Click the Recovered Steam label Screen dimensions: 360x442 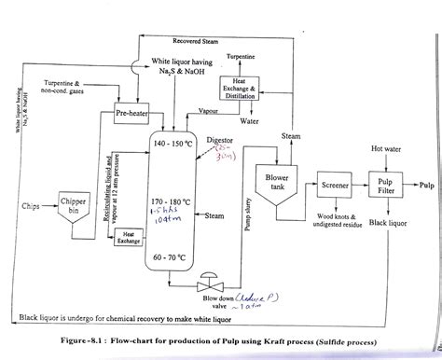pos(203,41)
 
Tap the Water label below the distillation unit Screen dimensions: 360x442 pos(249,121)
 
